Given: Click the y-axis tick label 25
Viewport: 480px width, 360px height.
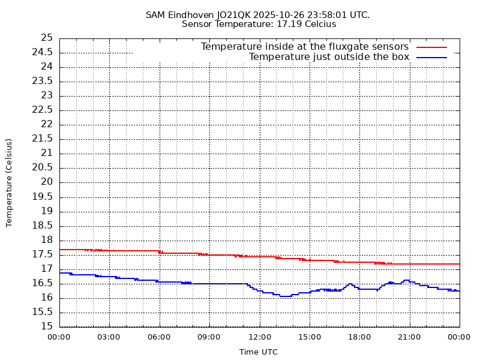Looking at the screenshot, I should pos(47,38).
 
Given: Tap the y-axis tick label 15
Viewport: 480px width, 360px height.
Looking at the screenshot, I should pos(47,327).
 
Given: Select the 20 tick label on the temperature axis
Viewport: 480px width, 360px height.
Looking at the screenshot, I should pos(47,182).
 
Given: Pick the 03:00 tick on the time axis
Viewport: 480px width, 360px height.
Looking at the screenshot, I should pos(109,337).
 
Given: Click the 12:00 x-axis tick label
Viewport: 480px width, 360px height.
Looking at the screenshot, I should pos(259,337).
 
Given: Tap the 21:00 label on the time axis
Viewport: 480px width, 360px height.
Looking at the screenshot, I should pos(409,337).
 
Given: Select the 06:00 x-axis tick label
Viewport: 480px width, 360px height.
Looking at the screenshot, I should pos(159,337).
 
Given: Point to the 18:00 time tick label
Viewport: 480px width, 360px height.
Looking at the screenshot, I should pos(359,337).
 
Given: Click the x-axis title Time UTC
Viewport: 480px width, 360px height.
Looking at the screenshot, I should pos(259,352).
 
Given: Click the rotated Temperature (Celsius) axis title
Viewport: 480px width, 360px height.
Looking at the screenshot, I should pos(9,182).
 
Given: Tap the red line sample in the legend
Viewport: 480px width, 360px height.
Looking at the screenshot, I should pos(432,47).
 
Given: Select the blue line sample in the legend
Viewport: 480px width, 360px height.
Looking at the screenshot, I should pos(432,57).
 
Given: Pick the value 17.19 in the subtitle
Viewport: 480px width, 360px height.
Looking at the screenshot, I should pos(289,25).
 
